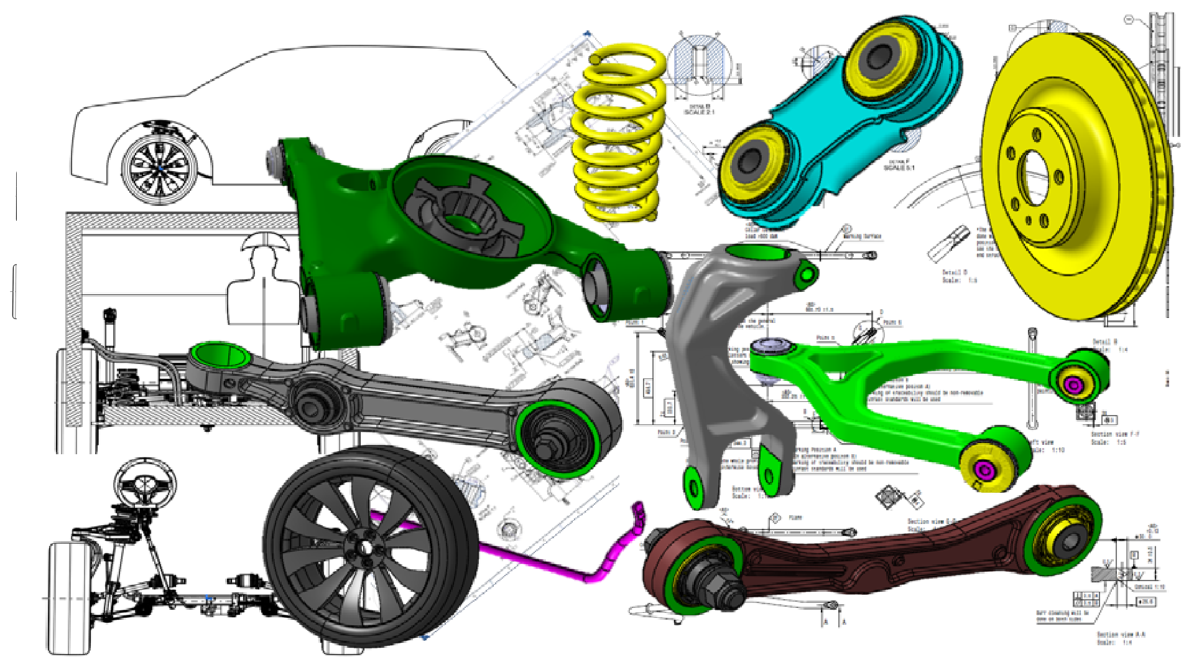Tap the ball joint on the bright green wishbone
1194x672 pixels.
pyautogui.click(x=770, y=348)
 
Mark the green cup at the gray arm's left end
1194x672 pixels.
pyautogui.click(x=220, y=356)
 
